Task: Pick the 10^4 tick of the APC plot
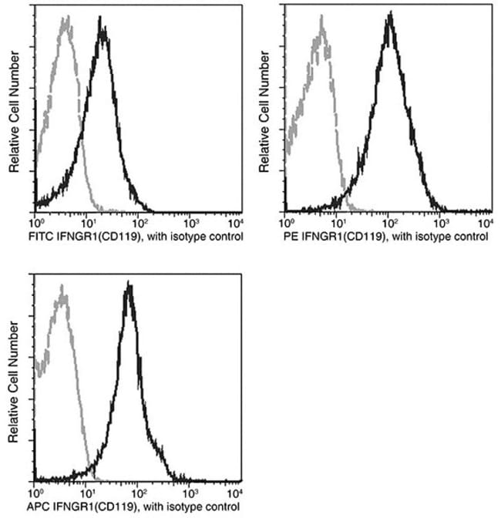pyautogui.click(x=235, y=491)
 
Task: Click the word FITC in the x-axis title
pyautogui.click(x=20, y=234)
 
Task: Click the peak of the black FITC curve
pyautogui.click(x=102, y=18)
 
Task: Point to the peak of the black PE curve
pyautogui.click(x=391, y=13)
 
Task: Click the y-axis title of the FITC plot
pyautogui.click(x=13, y=112)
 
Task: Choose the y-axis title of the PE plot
pyautogui.click(x=264, y=112)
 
